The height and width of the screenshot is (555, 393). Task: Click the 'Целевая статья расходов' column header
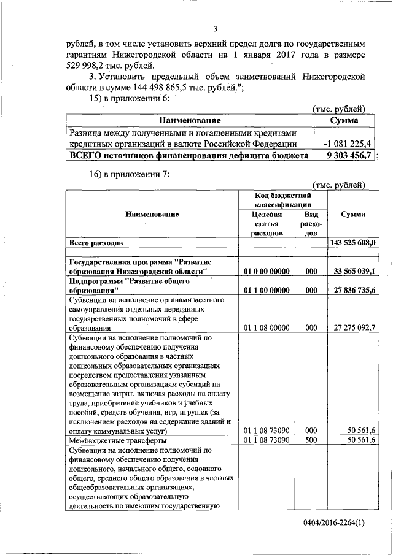[267, 224]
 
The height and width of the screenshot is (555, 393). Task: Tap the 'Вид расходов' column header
[311, 224]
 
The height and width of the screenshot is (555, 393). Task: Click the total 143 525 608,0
[352, 243]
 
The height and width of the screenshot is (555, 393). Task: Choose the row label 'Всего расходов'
[96, 243]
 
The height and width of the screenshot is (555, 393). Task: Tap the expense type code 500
[311, 440]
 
